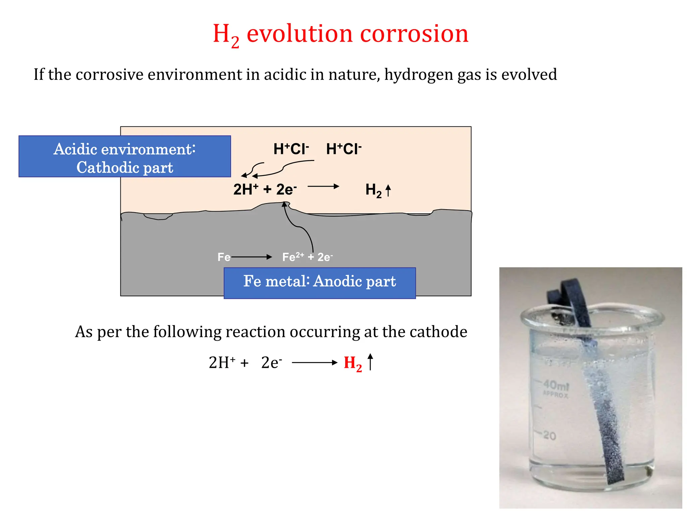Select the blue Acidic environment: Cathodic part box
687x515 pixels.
[124, 157]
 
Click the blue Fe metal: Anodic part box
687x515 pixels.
[319, 283]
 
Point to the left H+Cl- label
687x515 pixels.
[291, 149]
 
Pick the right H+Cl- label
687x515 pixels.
[343, 149]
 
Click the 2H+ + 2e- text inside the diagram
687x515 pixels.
[265, 189]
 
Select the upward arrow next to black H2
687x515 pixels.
[388, 190]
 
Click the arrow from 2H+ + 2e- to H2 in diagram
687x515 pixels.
[323, 186]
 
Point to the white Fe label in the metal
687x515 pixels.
[224, 257]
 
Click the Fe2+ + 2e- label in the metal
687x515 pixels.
[307, 257]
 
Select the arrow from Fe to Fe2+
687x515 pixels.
[252, 257]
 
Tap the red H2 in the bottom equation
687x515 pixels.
[352, 363]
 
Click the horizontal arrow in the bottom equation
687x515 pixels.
[314, 362]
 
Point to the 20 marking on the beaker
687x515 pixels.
[549, 436]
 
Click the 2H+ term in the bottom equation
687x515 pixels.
[221, 363]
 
